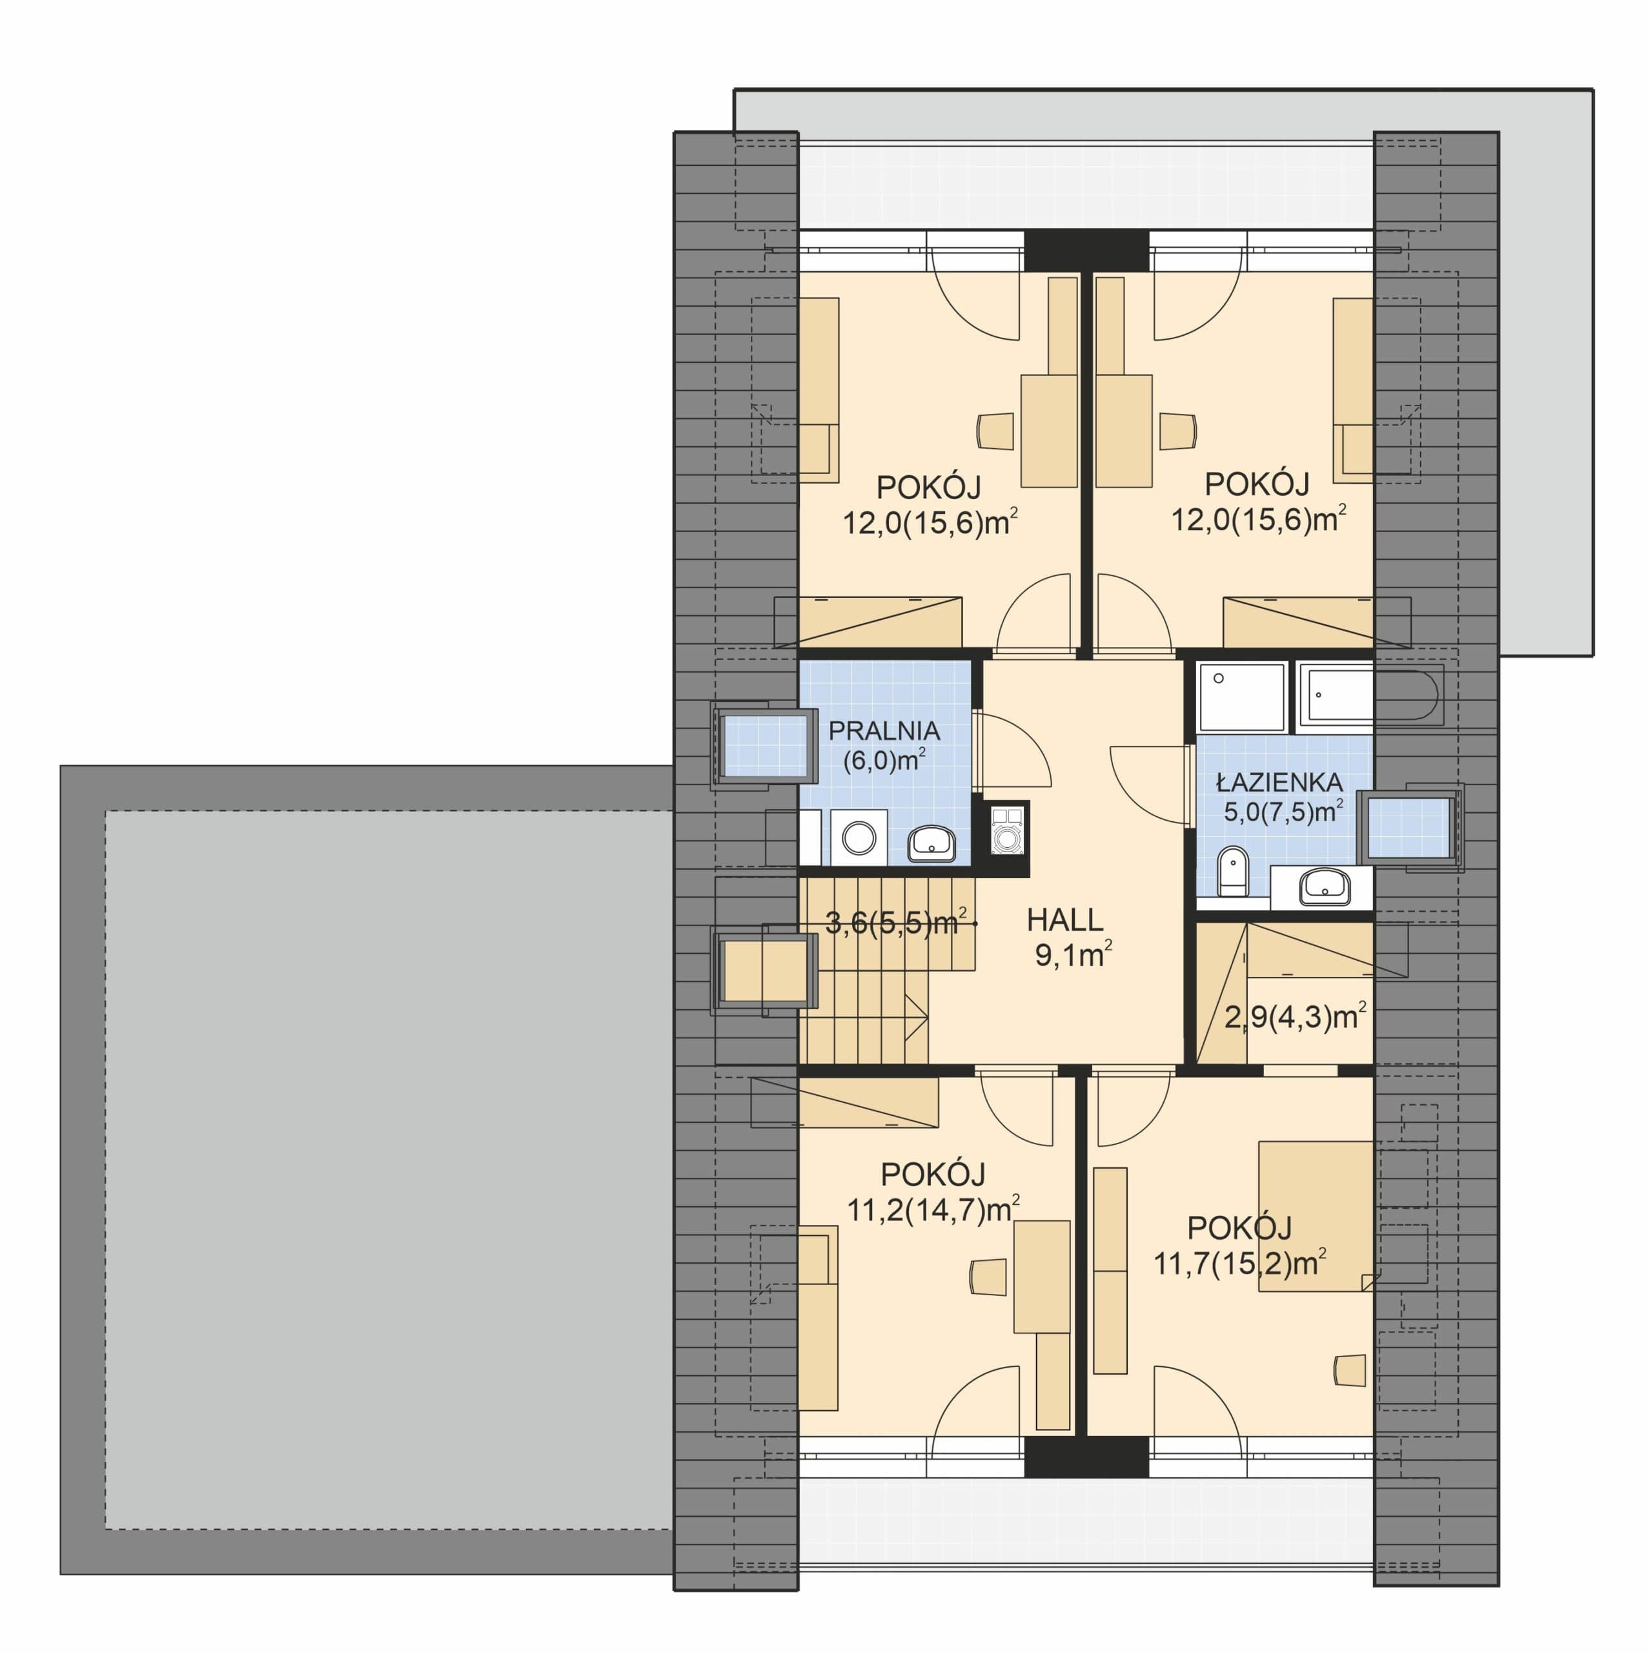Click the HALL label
(1064, 919)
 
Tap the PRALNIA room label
(884, 731)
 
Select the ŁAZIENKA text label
(1279, 782)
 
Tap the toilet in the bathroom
(1232, 872)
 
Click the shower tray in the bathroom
(1241, 697)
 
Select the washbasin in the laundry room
(932, 844)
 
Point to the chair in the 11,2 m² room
(988, 1277)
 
